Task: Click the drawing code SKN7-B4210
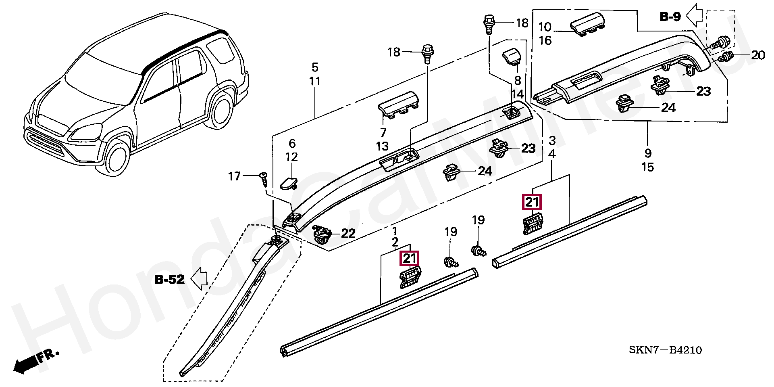click(665, 349)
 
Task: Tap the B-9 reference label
click(670, 17)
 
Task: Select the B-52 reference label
click(170, 279)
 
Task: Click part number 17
click(234, 176)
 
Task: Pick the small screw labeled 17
click(264, 179)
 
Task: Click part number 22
click(348, 233)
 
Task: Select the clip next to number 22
click(322, 235)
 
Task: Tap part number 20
click(758, 55)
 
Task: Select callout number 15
click(648, 167)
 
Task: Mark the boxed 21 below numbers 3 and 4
click(532, 202)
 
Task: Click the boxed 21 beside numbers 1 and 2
click(409, 258)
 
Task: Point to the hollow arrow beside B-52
click(199, 278)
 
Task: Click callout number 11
click(315, 81)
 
